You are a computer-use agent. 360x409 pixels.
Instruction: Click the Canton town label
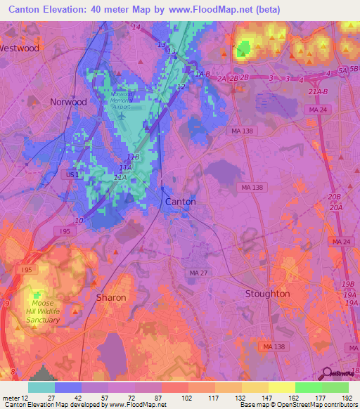[x=180, y=202]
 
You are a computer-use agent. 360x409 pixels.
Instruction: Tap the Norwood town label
[x=68, y=102]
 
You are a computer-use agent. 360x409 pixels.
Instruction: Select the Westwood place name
[x=19, y=48]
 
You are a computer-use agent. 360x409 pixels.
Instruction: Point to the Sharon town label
[x=111, y=297]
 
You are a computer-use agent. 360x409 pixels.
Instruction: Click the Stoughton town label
[x=267, y=293]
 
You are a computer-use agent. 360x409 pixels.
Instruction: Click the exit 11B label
[x=134, y=157]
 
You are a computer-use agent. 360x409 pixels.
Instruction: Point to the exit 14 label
[x=135, y=27]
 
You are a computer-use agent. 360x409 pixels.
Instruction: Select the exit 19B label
[x=347, y=283]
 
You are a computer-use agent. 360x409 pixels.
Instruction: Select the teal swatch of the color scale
[x=41, y=387]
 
